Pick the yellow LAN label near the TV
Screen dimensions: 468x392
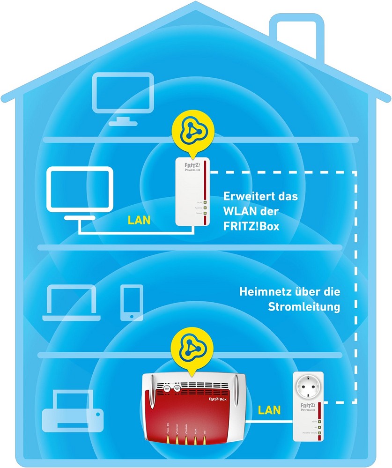139,220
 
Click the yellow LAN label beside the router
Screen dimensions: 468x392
269,410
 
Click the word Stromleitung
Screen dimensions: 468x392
304,307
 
